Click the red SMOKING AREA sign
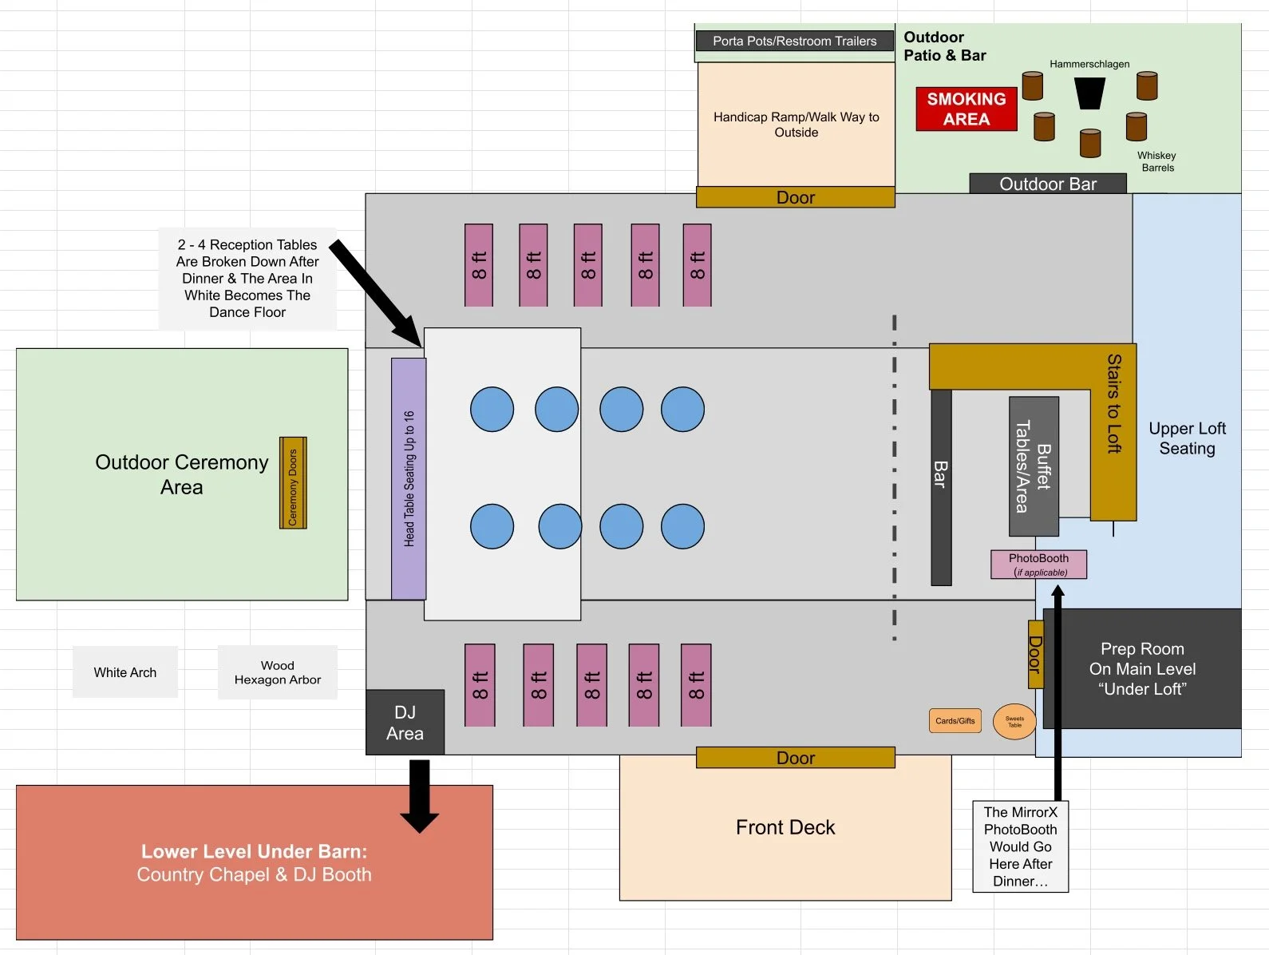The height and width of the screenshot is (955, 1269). (966, 109)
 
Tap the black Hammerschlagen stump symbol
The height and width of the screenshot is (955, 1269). (1089, 93)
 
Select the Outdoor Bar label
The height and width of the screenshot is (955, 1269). (1047, 184)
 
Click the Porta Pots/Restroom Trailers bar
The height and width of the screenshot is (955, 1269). (794, 41)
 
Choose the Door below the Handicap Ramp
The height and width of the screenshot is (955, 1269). (795, 197)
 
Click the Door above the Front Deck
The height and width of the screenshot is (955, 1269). (795, 758)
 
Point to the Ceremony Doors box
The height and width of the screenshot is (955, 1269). (293, 482)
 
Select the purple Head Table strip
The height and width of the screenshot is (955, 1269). (409, 478)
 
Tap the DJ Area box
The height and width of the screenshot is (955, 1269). (405, 723)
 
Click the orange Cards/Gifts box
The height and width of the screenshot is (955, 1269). (955, 720)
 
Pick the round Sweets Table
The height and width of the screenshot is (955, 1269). (1014, 721)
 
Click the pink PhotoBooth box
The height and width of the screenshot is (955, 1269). (1038, 564)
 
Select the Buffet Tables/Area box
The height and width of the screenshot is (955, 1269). (1034, 466)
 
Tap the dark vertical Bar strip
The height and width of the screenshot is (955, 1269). (941, 487)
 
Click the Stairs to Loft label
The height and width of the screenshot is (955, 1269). (1113, 403)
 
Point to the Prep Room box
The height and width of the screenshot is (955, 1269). (1142, 668)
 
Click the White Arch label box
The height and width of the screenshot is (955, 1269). (125, 672)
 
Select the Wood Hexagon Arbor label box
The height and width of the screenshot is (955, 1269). (277, 672)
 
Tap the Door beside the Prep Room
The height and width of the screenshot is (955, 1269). (1035, 654)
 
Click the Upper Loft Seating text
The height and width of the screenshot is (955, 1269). (1187, 438)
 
